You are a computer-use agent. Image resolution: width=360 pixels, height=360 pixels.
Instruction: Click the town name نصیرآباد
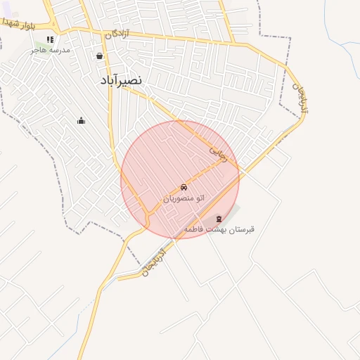121,80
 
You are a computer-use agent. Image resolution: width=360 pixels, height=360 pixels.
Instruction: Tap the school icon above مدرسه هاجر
49,40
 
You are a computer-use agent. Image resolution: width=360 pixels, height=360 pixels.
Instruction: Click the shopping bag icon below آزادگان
100,56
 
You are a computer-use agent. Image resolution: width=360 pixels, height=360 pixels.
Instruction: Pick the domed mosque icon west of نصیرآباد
81,121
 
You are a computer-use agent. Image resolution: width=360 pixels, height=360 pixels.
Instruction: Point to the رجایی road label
219,155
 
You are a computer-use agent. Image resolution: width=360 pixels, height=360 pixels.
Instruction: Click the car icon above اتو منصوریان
184,188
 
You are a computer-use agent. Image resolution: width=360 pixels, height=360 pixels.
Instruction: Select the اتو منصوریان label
184,198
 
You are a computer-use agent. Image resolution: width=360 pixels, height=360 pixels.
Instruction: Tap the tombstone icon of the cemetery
219,219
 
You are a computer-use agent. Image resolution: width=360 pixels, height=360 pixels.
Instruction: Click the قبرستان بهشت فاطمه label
219,229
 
